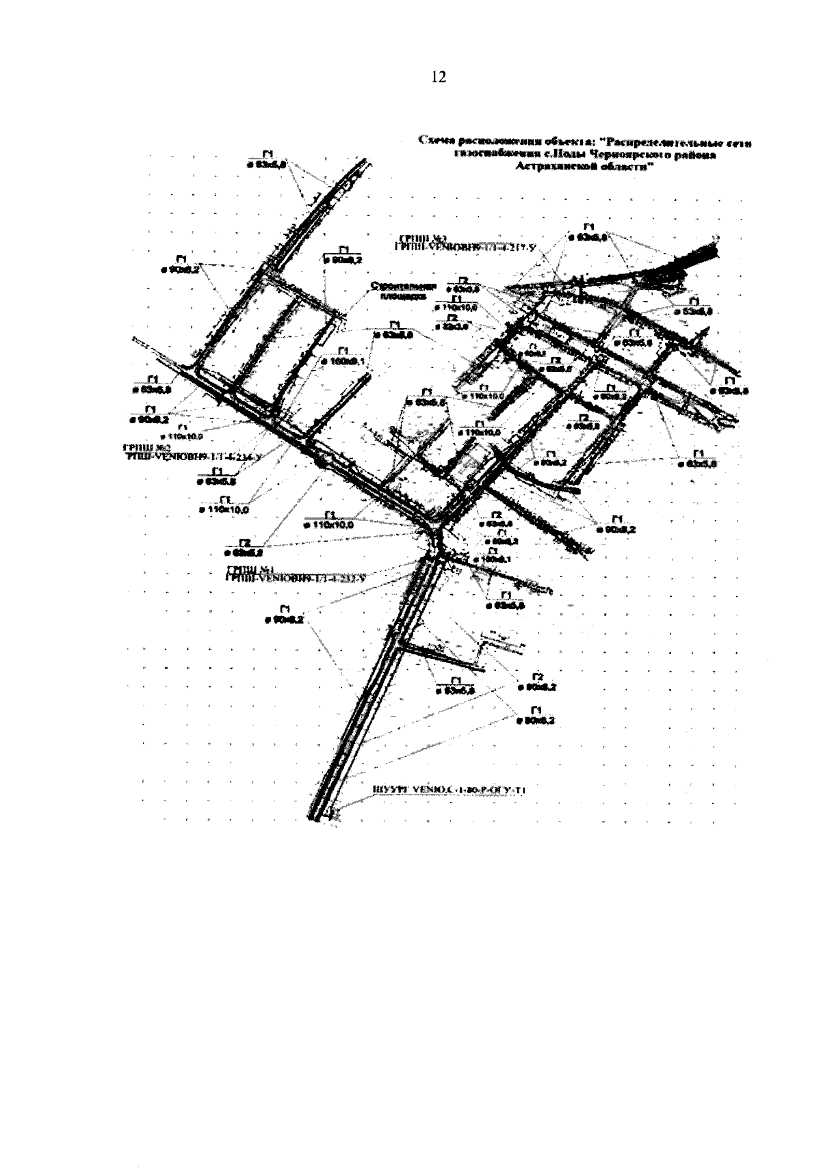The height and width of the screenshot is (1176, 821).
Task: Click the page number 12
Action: coord(438,77)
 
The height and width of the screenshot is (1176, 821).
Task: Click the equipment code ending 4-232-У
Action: coord(296,578)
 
